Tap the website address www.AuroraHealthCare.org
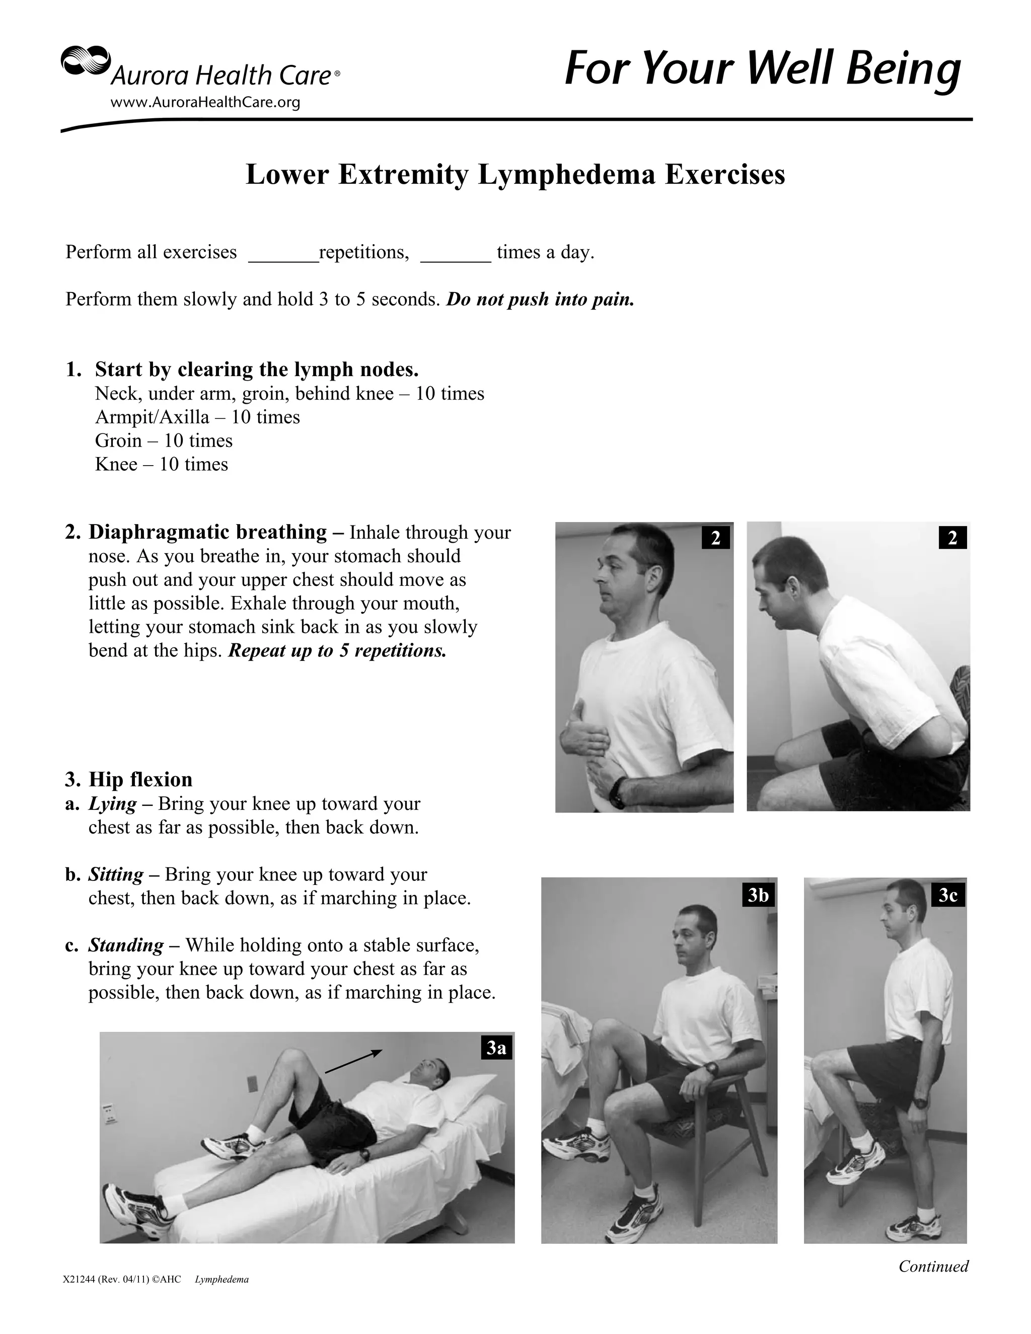tap(205, 103)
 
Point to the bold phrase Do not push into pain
tap(541, 300)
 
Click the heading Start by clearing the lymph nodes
tap(257, 369)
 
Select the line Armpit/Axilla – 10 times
tap(197, 417)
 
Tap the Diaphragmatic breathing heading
tap(208, 532)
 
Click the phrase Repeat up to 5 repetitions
tap(337, 650)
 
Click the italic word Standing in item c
tap(126, 945)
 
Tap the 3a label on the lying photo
tap(496, 1048)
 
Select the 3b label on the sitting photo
tap(758, 896)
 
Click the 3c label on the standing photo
tap(948, 896)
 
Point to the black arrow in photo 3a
tap(353, 1062)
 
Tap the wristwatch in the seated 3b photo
tap(710, 1069)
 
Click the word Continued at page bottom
tap(933, 1266)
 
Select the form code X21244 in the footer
tap(79, 1280)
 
